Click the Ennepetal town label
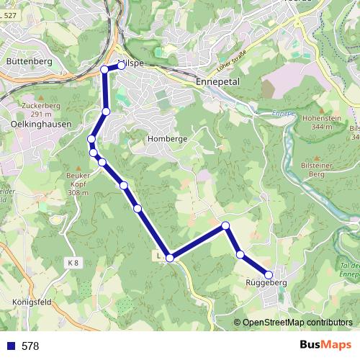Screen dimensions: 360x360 tap(217, 83)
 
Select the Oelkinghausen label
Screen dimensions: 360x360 tap(30, 123)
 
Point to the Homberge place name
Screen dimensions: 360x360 tap(167, 138)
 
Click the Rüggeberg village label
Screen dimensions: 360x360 tap(266, 284)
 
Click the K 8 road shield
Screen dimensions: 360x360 tap(71, 263)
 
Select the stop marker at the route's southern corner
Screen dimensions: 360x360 tap(170, 257)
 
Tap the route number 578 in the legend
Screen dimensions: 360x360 tap(30, 346)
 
